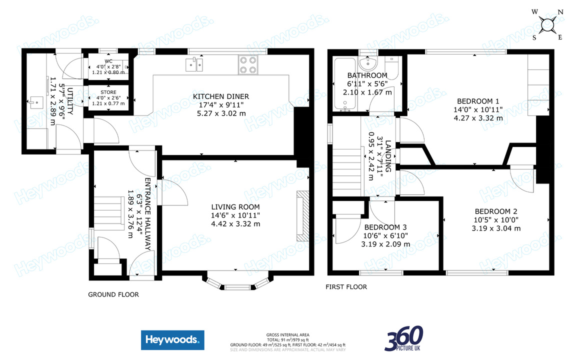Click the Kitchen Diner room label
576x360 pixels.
pos(221,96)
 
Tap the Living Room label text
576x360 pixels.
pos(235,207)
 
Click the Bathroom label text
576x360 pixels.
pos(367,75)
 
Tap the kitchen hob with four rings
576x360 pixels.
pos(247,64)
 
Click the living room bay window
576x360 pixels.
pos(238,283)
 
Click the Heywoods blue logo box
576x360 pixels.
pos(172,341)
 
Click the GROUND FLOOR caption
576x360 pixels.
pos(113,294)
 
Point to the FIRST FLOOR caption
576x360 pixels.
pos(346,287)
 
